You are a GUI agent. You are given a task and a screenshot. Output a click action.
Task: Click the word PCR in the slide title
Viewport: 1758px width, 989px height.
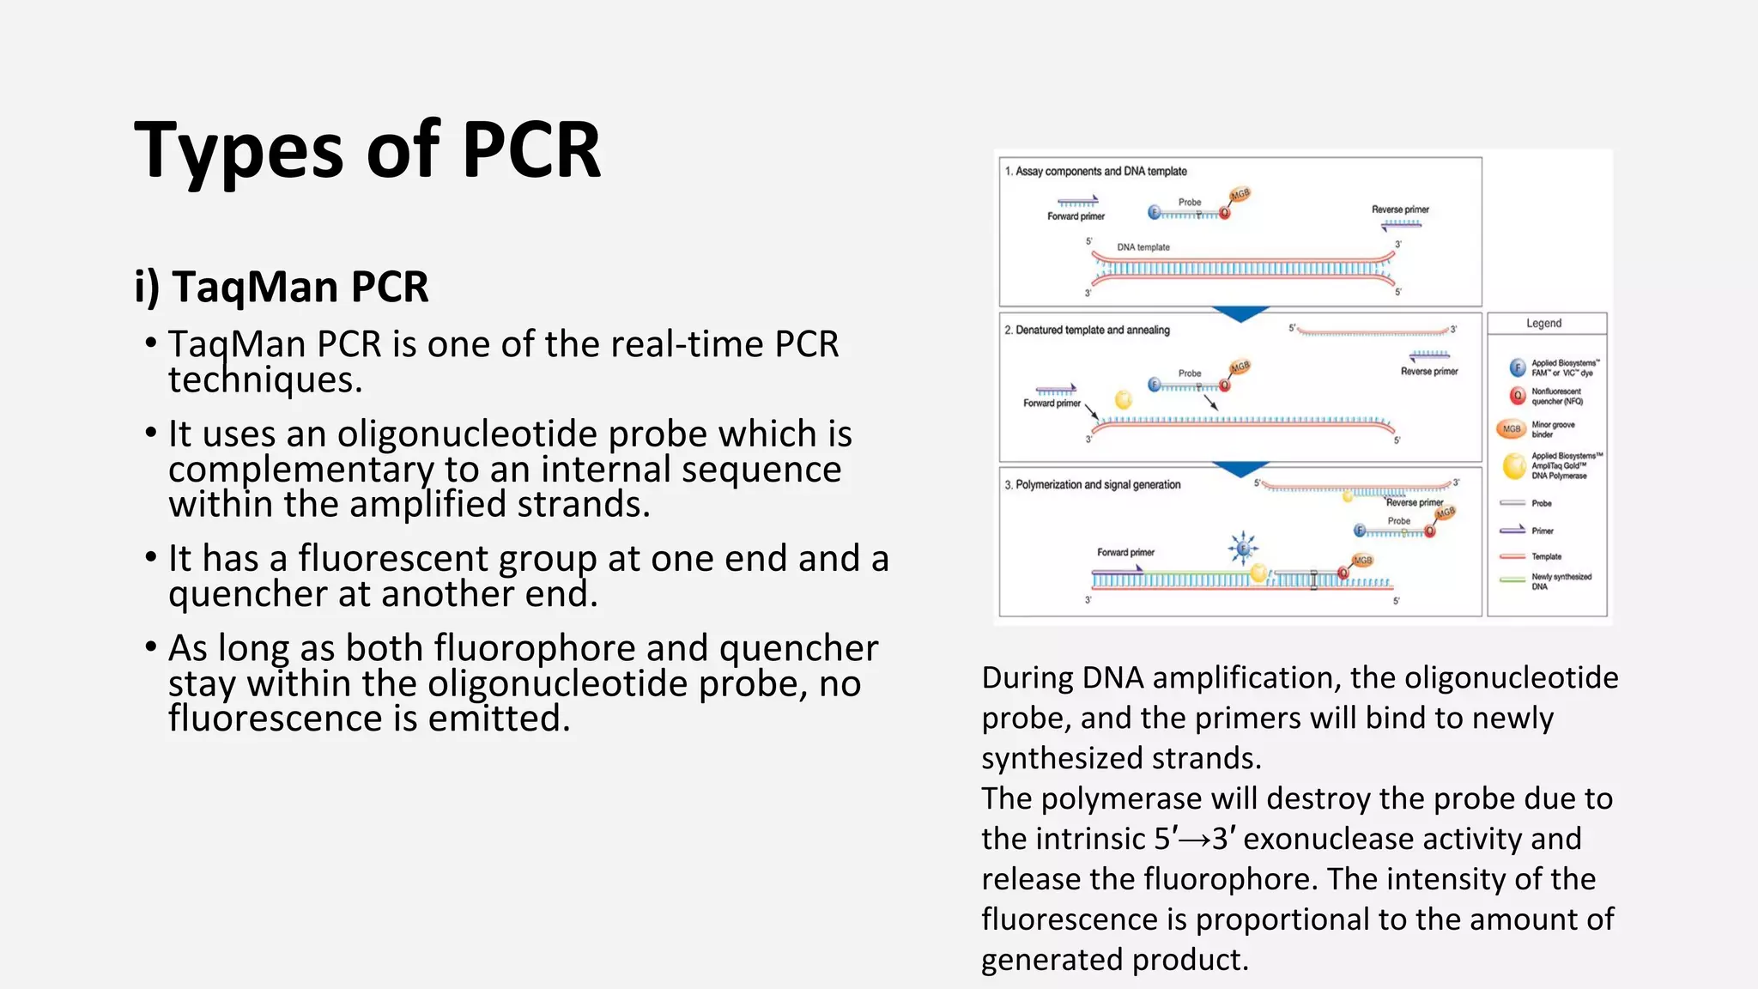coord(530,150)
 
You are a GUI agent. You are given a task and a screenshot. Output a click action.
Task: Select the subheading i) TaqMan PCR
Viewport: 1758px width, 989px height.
coord(281,286)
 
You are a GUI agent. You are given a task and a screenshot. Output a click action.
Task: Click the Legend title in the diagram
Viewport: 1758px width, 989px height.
coord(1543,324)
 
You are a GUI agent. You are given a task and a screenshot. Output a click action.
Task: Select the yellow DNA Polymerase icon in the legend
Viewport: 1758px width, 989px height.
coord(1514,465)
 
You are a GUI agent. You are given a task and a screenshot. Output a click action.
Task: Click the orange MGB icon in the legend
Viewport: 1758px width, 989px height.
coord(1512,428)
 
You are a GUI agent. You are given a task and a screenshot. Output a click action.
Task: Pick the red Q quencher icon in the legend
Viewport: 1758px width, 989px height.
coord(1517,396)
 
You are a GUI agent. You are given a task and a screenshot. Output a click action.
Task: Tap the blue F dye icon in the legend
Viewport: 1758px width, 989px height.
coord(1517,367)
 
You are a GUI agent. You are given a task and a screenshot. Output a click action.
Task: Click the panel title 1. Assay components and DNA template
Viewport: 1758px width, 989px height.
coord(1095,172)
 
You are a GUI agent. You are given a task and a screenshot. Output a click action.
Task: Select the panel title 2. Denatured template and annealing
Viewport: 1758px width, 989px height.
coord(1087,331)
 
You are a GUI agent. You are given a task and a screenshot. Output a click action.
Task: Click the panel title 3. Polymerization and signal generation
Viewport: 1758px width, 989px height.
coord(1092,485)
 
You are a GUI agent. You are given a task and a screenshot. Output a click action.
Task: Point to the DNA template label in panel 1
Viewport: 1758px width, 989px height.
coord(1143,247)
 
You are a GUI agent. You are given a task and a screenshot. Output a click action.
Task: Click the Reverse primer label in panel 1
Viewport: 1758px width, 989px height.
coord(1399,209)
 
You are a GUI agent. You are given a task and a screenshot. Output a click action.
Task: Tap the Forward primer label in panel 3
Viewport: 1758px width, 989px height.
coord(1125,553)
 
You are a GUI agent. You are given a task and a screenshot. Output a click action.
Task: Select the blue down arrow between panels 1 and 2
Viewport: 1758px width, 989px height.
coord(1240,313)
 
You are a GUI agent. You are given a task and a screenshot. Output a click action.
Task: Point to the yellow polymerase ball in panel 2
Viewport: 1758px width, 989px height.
coord(1123,399)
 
